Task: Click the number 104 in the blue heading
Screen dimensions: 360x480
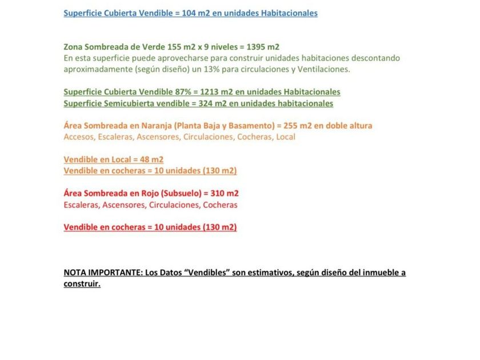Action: click(x=189, y=13)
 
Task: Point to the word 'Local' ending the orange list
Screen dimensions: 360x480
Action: click(x=286, y=137)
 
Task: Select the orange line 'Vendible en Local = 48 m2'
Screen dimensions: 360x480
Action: click(x=113, y=159)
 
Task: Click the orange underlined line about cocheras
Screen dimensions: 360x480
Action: click(x=150, y=171)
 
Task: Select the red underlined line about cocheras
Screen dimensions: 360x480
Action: click(x=150, y=227)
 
